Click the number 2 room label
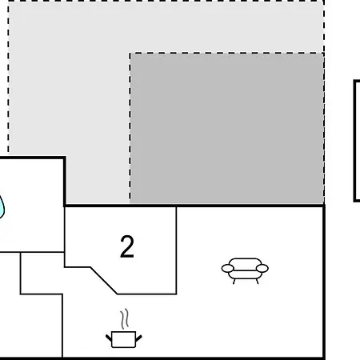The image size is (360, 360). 127,247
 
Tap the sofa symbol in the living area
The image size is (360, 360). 245,270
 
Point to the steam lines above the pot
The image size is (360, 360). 125,318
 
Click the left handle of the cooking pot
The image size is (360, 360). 109,338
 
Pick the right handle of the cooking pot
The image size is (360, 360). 138,338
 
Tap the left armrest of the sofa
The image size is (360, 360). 227,268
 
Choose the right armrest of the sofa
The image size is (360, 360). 262,268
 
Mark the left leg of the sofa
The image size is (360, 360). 234,282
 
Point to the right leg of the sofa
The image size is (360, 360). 258,282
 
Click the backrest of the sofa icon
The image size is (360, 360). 245,262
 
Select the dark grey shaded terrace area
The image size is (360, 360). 227,129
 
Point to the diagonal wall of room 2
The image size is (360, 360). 104,280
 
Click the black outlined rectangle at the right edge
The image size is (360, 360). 354,141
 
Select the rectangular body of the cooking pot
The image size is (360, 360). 124,340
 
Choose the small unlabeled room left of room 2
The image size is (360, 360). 42,273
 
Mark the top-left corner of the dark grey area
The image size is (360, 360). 130,53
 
